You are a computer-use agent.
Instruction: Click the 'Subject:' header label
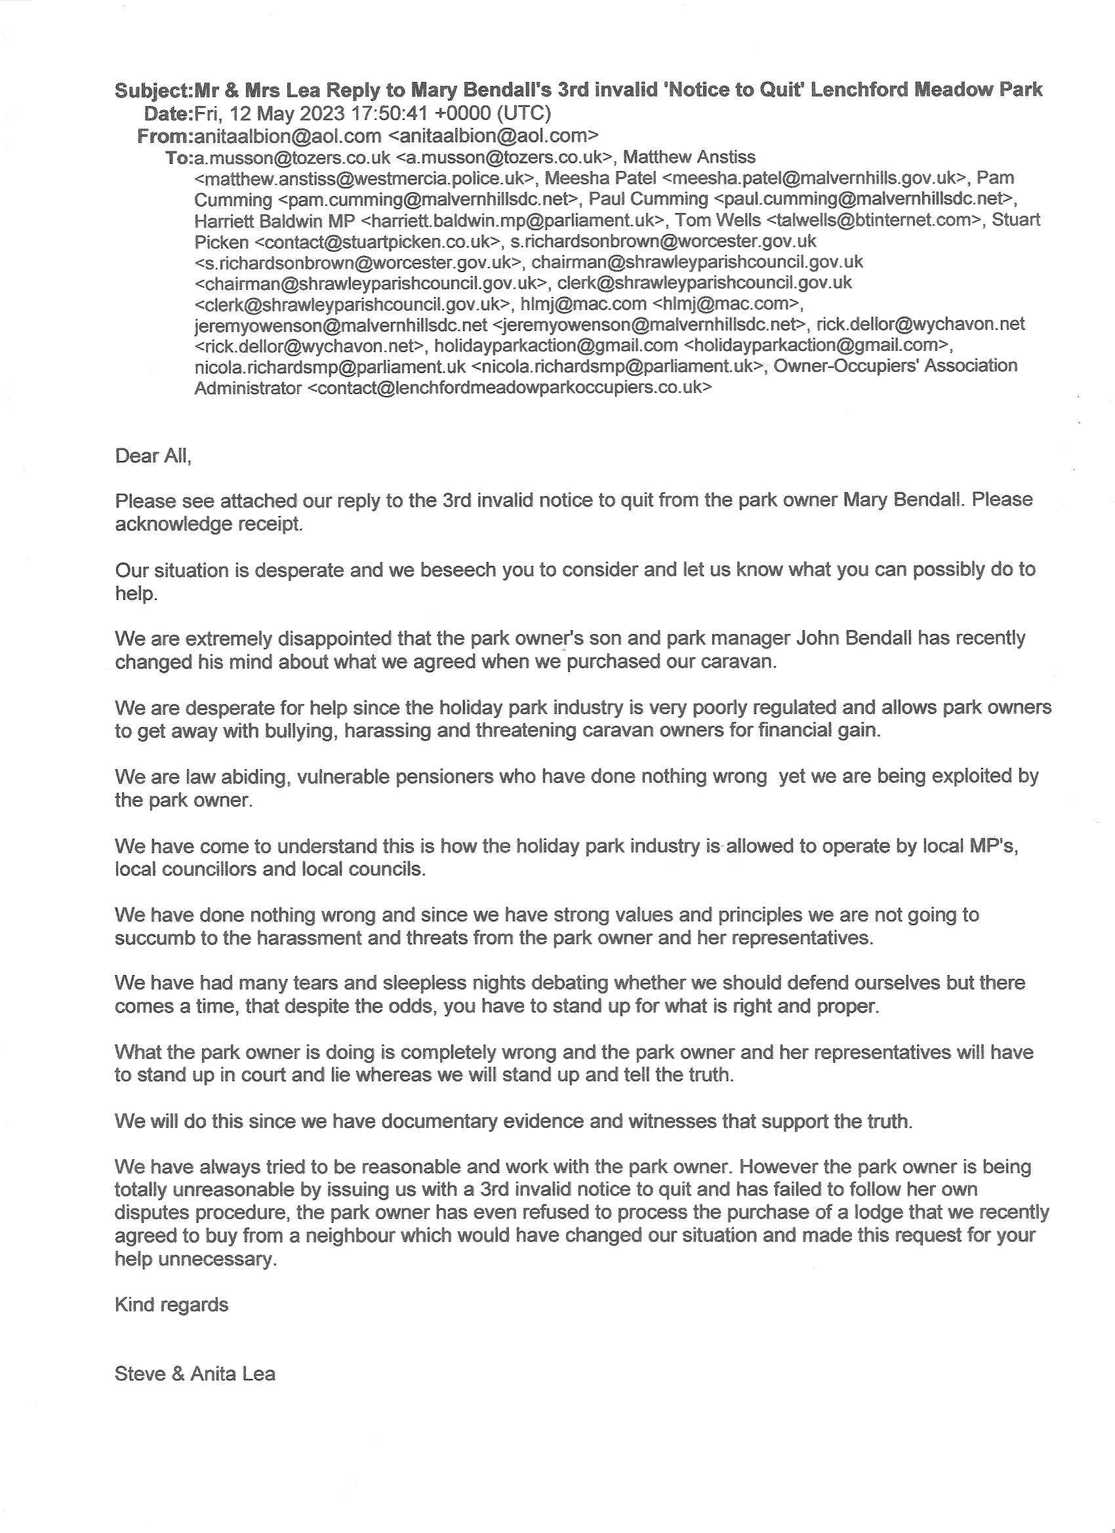(154, 90)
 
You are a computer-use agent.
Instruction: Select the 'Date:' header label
(169, 113)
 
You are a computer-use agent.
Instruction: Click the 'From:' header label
(165, 136)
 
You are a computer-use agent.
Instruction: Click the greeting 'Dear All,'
(153, 456)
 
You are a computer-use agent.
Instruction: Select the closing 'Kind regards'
(172, 1305)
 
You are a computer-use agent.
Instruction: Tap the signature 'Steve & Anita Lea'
(195, 1374)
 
